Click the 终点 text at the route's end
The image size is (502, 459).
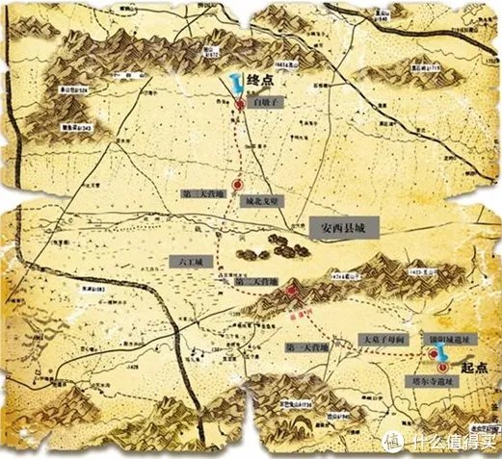point(262,84)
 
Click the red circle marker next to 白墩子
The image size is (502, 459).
point(240,104)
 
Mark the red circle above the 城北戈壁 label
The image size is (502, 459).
point(236,186)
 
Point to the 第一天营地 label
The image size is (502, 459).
point(307,344)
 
